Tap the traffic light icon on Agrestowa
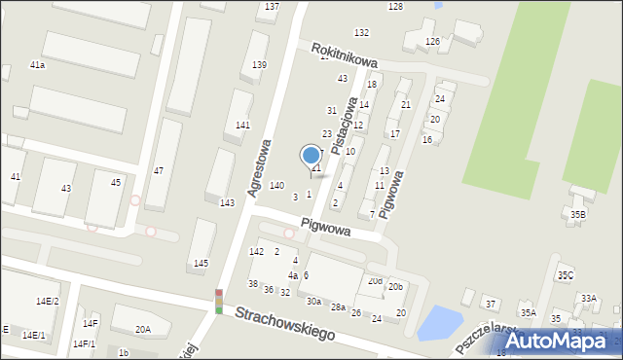(x=219, y=302)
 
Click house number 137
(x=272, y=7)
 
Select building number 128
(x=395, y=7)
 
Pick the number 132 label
(x=361, y=33)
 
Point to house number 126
(x=432, y=41)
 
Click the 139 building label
(x=259, y=65)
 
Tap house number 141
(x=242, y=126)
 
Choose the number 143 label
(x=227, y=202)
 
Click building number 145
(x=201, y=264)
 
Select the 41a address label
(x=37, y=64)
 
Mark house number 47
(x=158, y=171)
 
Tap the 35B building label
(x=578, y=214)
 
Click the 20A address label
(x=143, y=330)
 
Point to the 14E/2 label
(x=48, y=302)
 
